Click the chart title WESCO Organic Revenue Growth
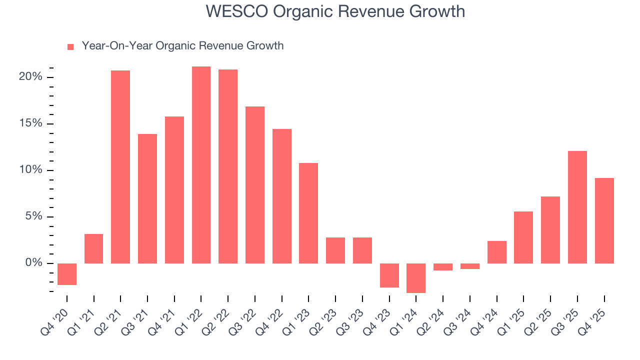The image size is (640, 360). tap(335, 11)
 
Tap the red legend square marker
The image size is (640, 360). tap(70, 46)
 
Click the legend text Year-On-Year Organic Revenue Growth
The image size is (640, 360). tap(182, 46)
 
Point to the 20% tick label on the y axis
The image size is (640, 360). tap(30, 77)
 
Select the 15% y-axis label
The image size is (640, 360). tap(30, 124)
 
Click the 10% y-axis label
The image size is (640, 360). tap(30, 170)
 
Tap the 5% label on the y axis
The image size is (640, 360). tap(33, 216)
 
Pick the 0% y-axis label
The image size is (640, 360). tap(33, 263)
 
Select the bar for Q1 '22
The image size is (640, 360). tap(201, 165)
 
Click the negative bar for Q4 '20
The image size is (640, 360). tap(67, 274)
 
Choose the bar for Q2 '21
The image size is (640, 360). tap(120, 167)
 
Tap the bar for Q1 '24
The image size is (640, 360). tap(416, 278)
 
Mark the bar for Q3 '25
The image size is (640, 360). tap(577, 207)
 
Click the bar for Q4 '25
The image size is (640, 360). tap(604, 220)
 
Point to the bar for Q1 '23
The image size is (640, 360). tap(308, 213)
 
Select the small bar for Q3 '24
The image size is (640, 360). tap(469, 266)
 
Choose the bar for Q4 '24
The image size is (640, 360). tap(496, 252)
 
